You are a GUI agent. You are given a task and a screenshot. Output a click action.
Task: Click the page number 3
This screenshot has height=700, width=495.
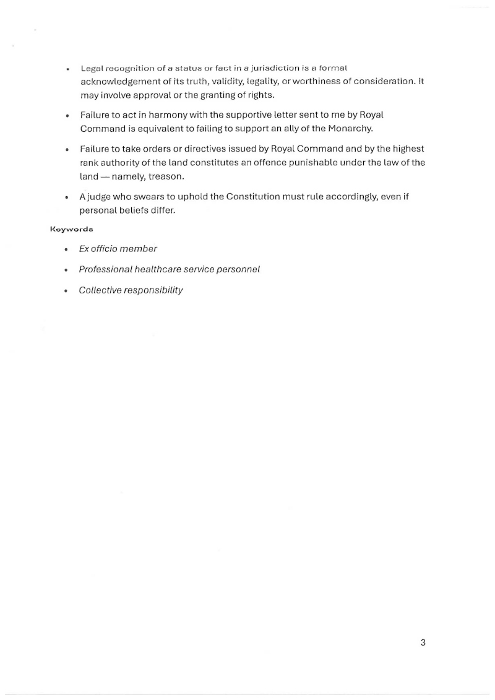[423, 642]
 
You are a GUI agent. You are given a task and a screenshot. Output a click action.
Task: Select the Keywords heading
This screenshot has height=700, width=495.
[71, 229]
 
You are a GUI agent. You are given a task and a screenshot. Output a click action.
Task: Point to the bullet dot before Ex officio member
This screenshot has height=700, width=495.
[66, 249]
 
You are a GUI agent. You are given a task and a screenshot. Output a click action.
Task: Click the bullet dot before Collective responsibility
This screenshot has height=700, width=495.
[66, 291]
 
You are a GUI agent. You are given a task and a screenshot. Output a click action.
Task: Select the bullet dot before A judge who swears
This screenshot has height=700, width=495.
[66, 197]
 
